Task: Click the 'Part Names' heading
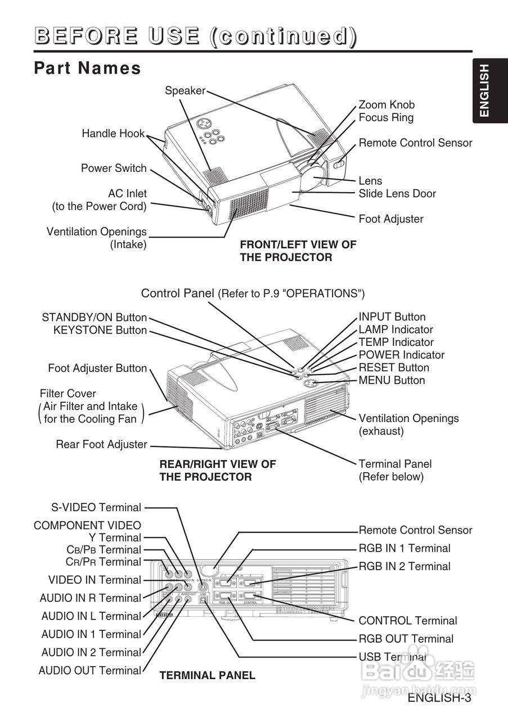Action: tap(87, 68)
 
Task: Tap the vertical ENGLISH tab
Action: tap(484, 91)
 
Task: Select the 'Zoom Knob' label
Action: tap(386, 104)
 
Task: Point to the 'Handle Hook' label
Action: tap(113, 134)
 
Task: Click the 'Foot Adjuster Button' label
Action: tap(97, 368)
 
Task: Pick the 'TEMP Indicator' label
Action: tap(396, 342)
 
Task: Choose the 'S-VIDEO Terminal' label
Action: tap(96, 507)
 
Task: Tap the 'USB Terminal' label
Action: tap(392, 657)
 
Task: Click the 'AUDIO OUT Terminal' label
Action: tap(90, 670)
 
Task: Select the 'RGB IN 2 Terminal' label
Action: tap(404, 566)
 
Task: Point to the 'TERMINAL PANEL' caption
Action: tap(207, 676)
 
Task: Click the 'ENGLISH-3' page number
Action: tap(439, 698)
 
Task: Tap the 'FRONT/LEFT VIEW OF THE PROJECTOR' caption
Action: tap(298, 251)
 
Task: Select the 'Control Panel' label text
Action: tap(178, 293)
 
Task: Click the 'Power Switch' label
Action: tap(114, 168)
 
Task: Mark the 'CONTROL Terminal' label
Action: tap(407, 621)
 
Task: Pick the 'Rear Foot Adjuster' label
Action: tap(101, 444)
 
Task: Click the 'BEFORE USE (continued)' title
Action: tap(195, 36)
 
